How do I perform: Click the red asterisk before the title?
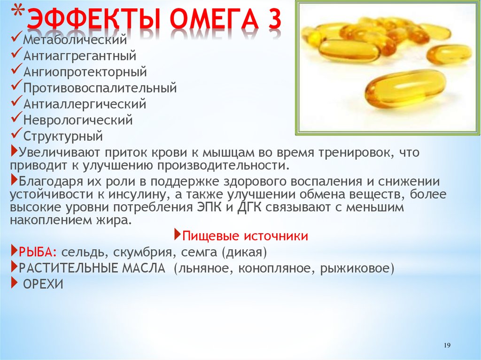(x=19, y=12)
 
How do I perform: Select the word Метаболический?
(x=75, y=39)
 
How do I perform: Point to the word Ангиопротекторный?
(x=85, y=72)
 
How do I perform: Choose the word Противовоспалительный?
(x=100, y=88)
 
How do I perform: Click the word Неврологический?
(x=78, y=120)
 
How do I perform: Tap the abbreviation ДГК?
(x=249, y=208)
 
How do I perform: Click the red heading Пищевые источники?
(x=245, y=236)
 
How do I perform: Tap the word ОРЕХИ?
(x=43, y=284)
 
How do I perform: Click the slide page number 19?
(x=447, y=345)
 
